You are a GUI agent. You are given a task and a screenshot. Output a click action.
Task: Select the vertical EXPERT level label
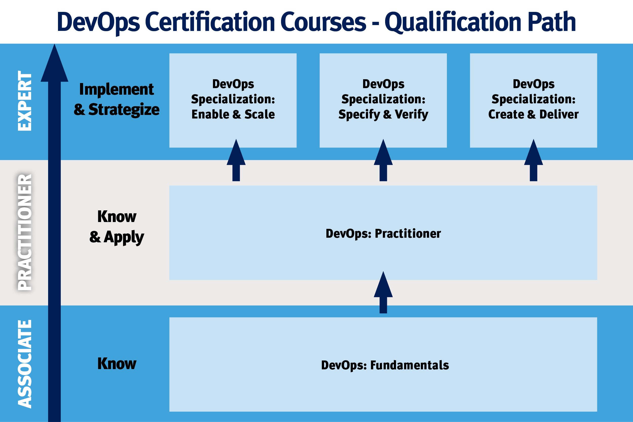click(x=25, y=101)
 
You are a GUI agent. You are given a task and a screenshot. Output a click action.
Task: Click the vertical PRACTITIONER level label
click(x=25, y=232)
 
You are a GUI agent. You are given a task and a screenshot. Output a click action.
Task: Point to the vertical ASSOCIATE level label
click(x=25, y=364)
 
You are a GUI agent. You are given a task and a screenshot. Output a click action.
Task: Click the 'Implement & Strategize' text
click(x=116, y=99)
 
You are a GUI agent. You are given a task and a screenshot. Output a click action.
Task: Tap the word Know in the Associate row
click(x=117, y=364)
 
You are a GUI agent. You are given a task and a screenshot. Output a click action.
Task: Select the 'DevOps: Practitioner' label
click(x=383, y=234)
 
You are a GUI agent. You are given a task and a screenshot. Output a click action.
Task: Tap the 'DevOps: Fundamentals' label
click(x=385, y=365)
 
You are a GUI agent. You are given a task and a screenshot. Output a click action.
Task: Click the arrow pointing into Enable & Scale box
click(x=236, y=160)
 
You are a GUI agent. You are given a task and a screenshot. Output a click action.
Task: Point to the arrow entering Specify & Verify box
click(x=383, y=160)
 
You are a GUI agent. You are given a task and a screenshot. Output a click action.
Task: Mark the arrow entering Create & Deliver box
click(x=533, y=160)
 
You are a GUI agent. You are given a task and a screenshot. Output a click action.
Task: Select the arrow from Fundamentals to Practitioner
click(x=383, y=292)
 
